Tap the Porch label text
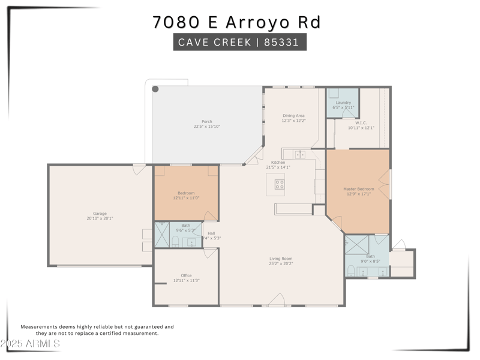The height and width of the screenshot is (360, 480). click(207, 121)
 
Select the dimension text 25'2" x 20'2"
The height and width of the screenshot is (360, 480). click(281, 263)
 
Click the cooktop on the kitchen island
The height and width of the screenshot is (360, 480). click(280, 184)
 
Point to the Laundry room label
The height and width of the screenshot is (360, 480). click(343, 103)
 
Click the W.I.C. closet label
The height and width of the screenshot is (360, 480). click(361, 122)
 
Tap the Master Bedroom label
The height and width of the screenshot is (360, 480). click(358, 189)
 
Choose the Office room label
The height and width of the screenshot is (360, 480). click(186, 275)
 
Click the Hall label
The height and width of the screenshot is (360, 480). click(211, 233)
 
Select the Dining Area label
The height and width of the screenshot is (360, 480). click(293, 115)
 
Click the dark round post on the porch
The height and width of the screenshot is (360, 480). click(155, 89)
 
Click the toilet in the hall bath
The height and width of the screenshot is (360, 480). click(175, 242)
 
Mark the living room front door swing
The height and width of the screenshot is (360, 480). click(277, 300)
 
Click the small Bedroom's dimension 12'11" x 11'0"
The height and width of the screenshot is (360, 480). click(186, 198)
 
